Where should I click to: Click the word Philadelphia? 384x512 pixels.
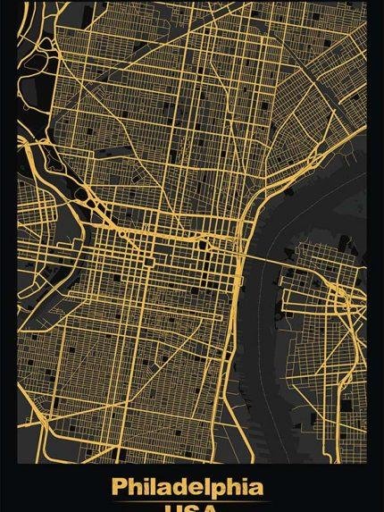tap(188, 488)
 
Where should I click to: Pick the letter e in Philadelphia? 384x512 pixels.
tap(211, 488)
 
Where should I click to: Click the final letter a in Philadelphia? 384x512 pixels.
tap(257, 488)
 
